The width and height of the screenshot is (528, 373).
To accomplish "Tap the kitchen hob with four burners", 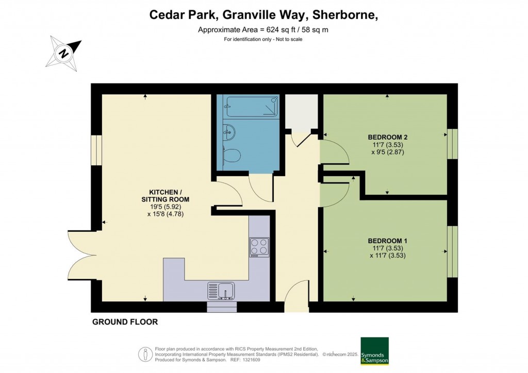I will [x=259, y=247].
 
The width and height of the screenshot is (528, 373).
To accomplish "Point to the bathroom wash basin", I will [x=229, y=133].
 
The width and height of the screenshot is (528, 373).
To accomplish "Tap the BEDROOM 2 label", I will [x=388, y=137].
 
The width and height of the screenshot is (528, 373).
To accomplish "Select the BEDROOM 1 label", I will [x=388, y=241].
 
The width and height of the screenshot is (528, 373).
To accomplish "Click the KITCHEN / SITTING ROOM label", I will [x=166, y=195].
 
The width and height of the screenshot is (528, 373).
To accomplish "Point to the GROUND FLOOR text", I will [x=125, y=322].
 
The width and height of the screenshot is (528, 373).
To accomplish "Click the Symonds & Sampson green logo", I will [x=374, y=351].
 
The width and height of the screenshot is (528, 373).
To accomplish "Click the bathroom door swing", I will [x=260, y=188].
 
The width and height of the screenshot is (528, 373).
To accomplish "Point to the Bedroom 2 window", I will [x=452, y=144].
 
